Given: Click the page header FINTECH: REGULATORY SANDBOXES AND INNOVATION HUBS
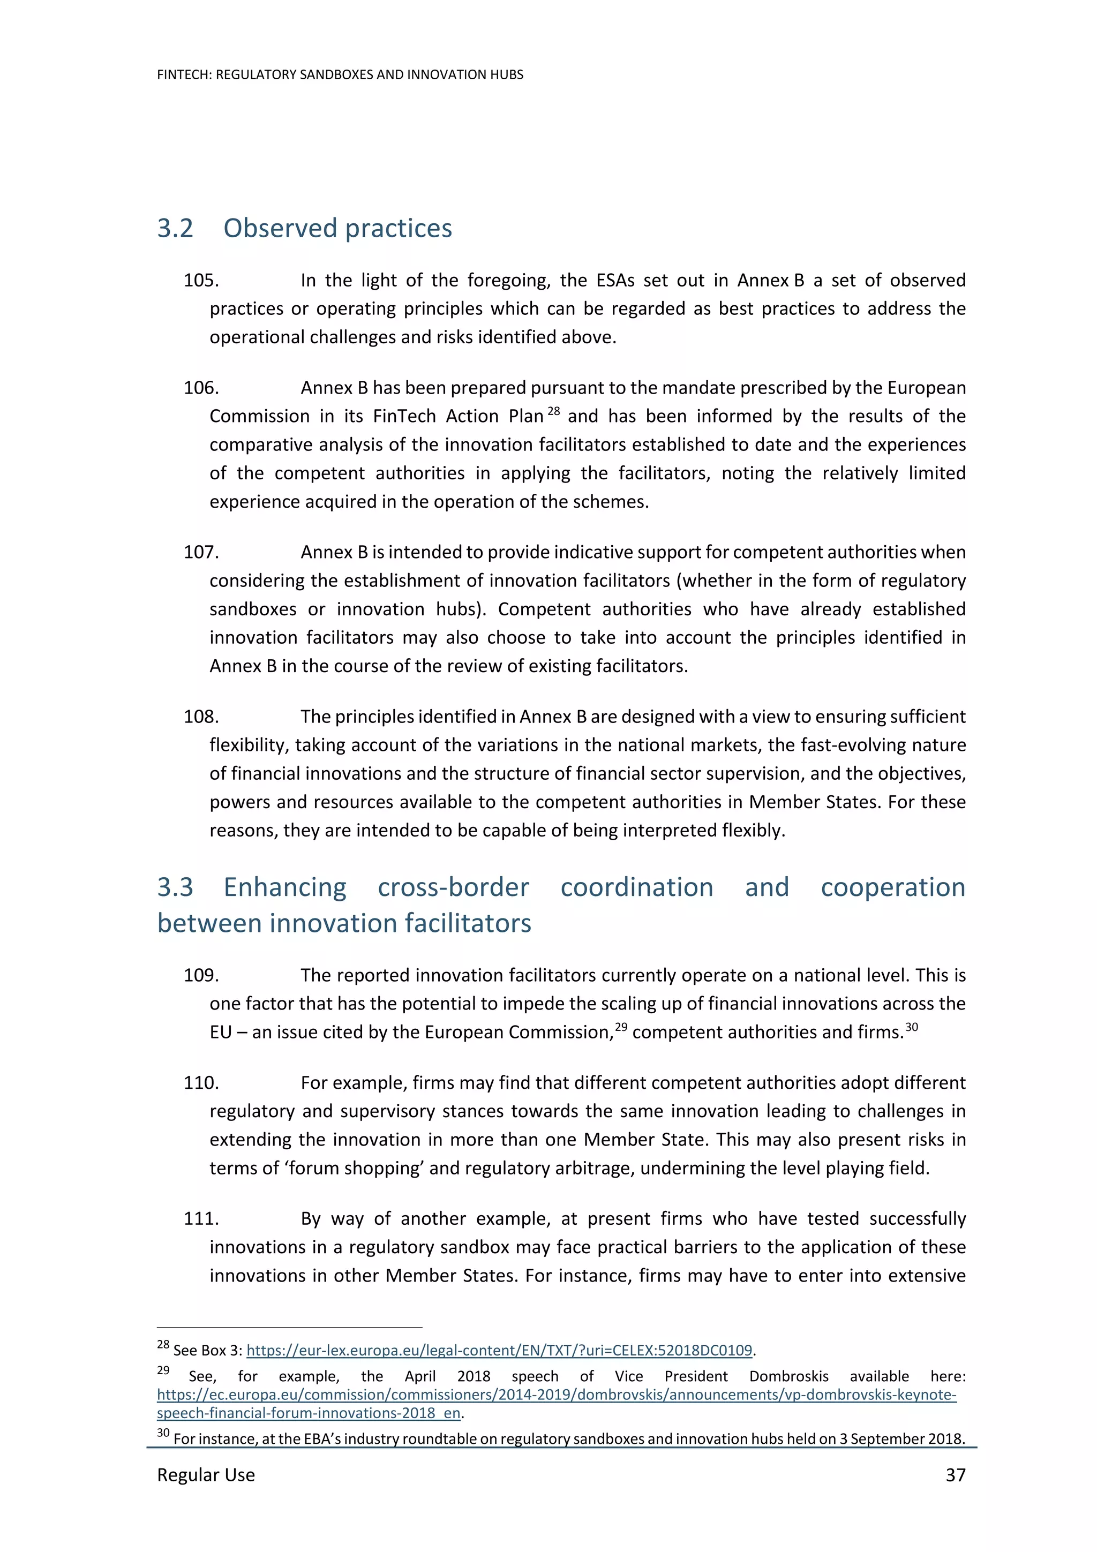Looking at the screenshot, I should click(x=340, y=75).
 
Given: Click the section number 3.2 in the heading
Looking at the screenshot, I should click(x=175, y=229).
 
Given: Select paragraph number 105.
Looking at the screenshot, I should click(x=201, y=281).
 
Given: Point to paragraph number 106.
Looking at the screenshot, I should click(x=201, y=388).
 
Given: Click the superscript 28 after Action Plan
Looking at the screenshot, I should click(x=553, y=411).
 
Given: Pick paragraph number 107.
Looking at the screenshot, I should click(x=201, y=552).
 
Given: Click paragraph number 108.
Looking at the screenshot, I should click(x=201, y=717).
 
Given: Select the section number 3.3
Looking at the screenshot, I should click(x=175, y=887).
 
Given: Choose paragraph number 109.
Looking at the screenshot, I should click(x=201, y=975).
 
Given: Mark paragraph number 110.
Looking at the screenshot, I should click(x=201, y=1083).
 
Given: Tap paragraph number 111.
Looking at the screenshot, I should click(x=201, y=1219).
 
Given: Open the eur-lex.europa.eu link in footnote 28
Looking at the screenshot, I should click(x=499, y=1351).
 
